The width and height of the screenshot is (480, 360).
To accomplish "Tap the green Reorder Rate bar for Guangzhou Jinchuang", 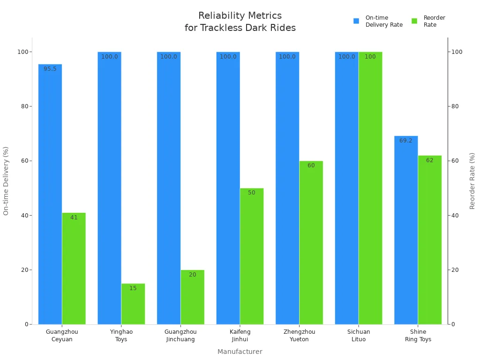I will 192,297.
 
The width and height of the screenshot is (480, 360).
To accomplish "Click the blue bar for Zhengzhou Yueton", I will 287,187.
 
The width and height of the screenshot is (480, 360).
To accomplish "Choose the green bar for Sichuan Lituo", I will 370,187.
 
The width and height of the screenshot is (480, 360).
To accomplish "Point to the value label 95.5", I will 50,69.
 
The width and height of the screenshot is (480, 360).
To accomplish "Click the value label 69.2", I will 406,141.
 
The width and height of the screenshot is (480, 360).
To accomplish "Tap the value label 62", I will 429,160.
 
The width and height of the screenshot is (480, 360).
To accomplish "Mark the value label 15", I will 133,288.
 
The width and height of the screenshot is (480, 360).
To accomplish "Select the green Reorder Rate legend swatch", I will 414,21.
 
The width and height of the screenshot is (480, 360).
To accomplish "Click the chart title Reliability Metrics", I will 240,16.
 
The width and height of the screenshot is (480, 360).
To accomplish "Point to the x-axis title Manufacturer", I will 240,352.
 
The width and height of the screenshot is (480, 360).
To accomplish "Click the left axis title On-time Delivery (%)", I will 6,181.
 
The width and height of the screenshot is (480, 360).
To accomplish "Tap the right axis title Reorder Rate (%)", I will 472,181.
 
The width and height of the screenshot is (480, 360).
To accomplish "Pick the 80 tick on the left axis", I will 23,106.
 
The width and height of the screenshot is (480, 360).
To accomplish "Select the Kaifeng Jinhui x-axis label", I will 240,336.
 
